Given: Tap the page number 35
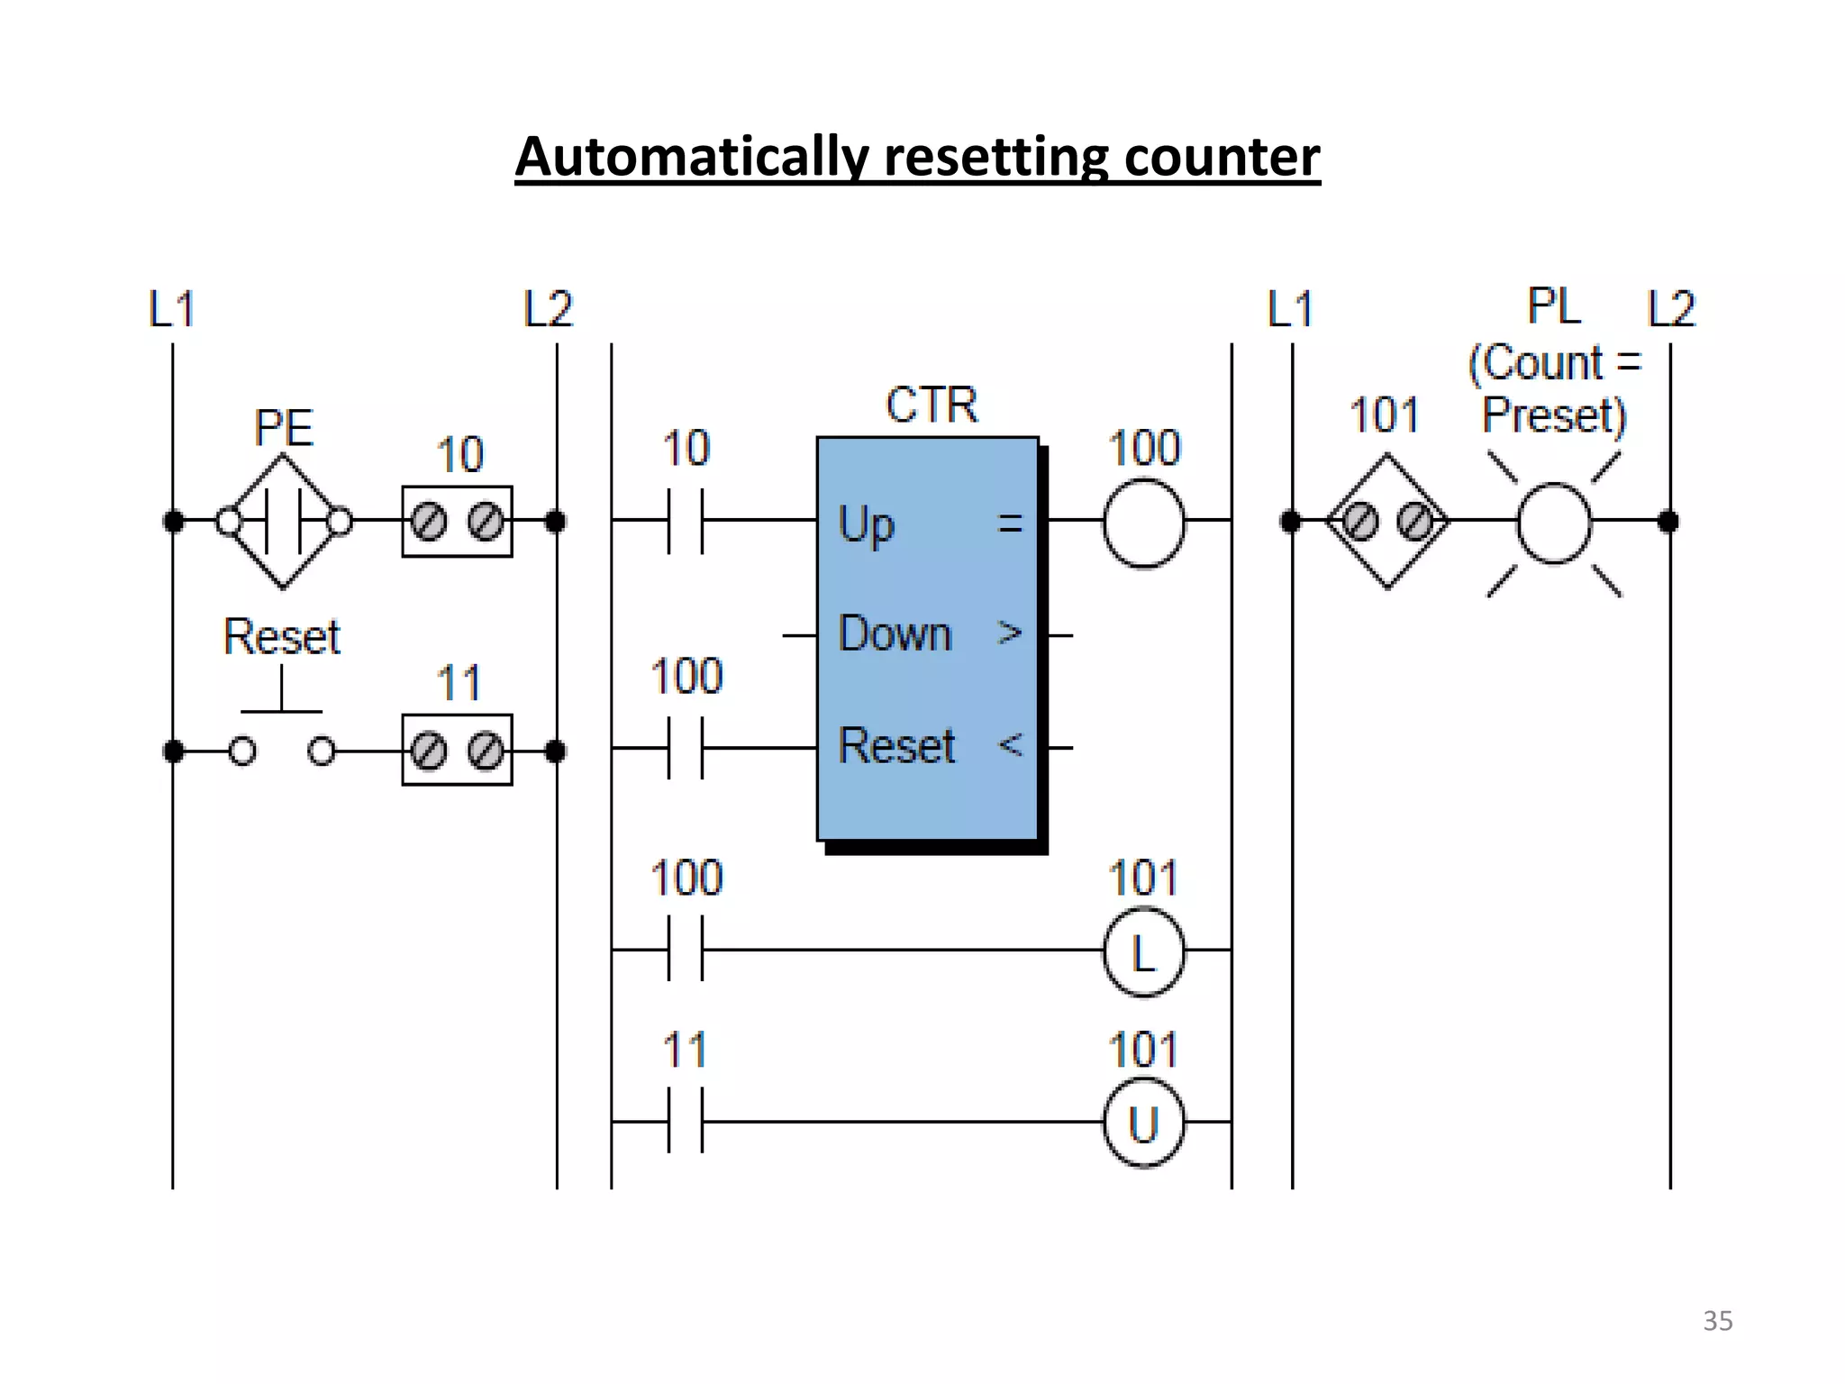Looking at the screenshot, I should (1717, 1321).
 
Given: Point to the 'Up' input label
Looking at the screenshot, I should (866, 524).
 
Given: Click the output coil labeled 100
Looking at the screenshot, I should (1143, 523).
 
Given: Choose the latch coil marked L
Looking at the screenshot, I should (1143, 951).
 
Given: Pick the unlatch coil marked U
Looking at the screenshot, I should (1143, 1124).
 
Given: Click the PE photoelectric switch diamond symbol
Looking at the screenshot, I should (283, 521).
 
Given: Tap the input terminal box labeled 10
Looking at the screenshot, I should (457, 522).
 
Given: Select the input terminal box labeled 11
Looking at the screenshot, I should (457, 750).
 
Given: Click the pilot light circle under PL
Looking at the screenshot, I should (1554, 523).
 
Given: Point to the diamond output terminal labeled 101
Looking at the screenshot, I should (1387, 521).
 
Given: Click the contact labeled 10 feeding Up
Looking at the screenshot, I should (685, 521).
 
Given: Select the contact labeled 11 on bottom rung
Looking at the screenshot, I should (685, 1121).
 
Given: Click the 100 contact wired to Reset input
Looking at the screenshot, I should (685, 748).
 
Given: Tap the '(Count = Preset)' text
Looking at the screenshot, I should (1554, 388).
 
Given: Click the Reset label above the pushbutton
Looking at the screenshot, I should (281, 637).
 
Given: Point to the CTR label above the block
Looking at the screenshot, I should (932, 405).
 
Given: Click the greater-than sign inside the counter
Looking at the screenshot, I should (1010, 633).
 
